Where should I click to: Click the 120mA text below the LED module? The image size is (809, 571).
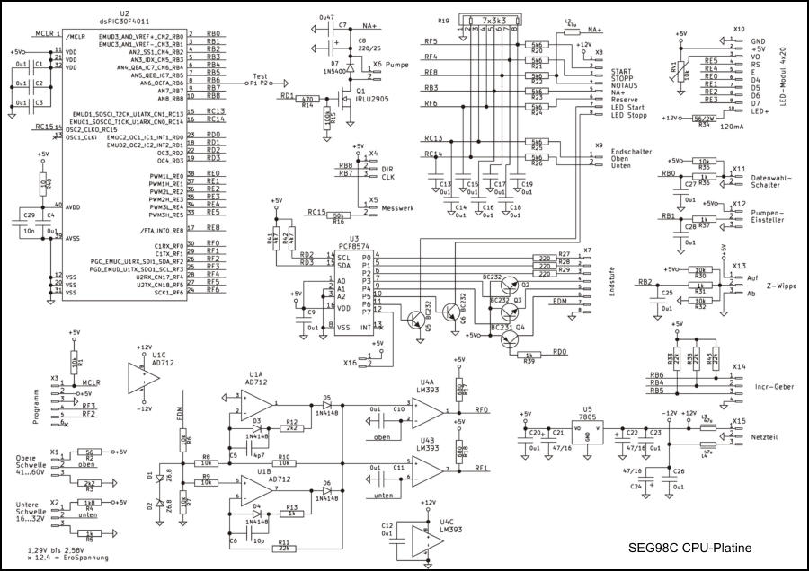[x=715, y=127]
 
